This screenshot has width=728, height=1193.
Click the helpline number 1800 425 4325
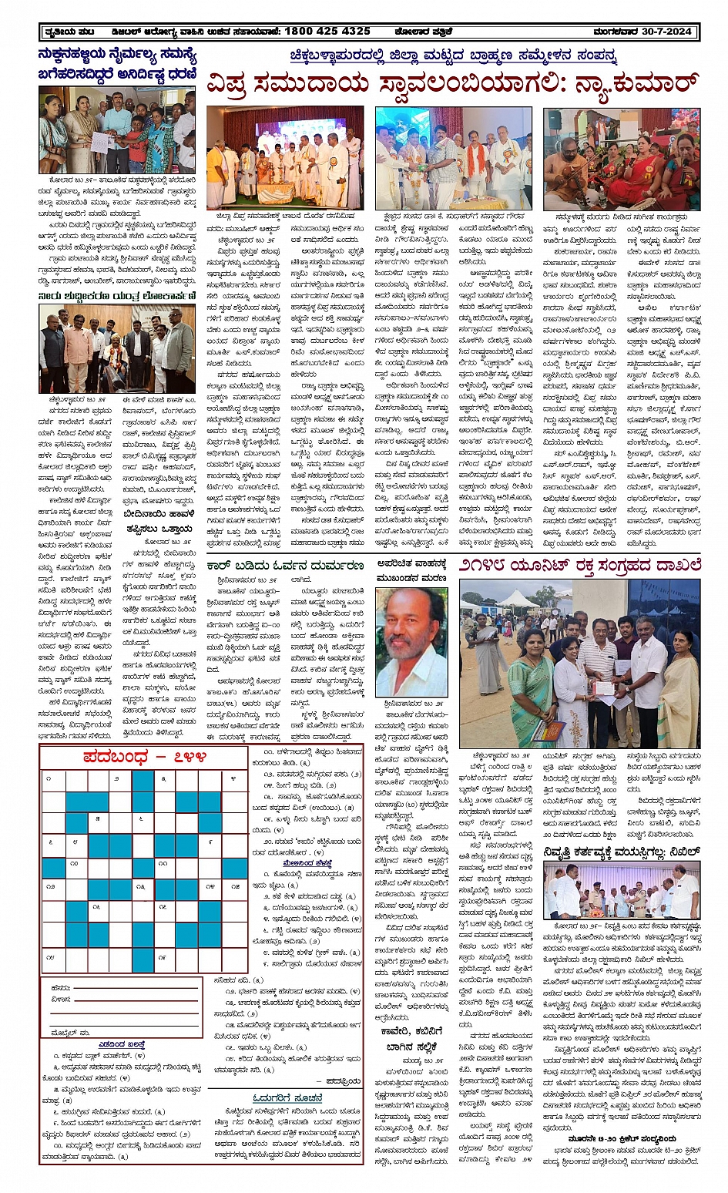click(x=327, y=32)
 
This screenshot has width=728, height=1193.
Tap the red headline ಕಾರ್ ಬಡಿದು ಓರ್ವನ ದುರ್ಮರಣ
click(x=284, y=565)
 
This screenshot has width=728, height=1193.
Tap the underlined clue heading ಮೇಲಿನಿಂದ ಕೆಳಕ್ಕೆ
click(x=308, y=862)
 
